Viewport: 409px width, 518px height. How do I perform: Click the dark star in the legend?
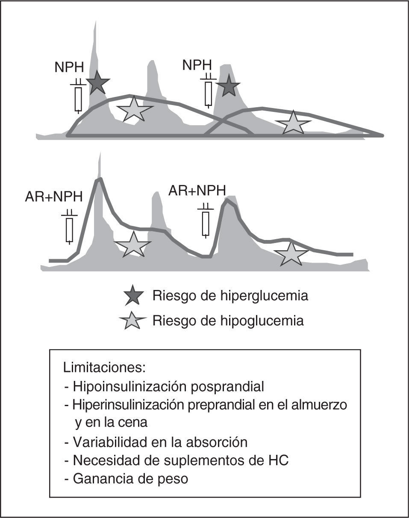(x=133, y=295)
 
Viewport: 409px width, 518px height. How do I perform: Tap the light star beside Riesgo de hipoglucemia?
(x=133, y=321)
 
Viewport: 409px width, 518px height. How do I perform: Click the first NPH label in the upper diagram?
(x=69, y=67)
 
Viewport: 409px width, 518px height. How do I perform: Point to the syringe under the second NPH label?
(x=208, y=92)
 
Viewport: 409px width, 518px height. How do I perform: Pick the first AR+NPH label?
(x=54, y=197)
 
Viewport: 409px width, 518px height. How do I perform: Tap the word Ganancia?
(x=103, y=479)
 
